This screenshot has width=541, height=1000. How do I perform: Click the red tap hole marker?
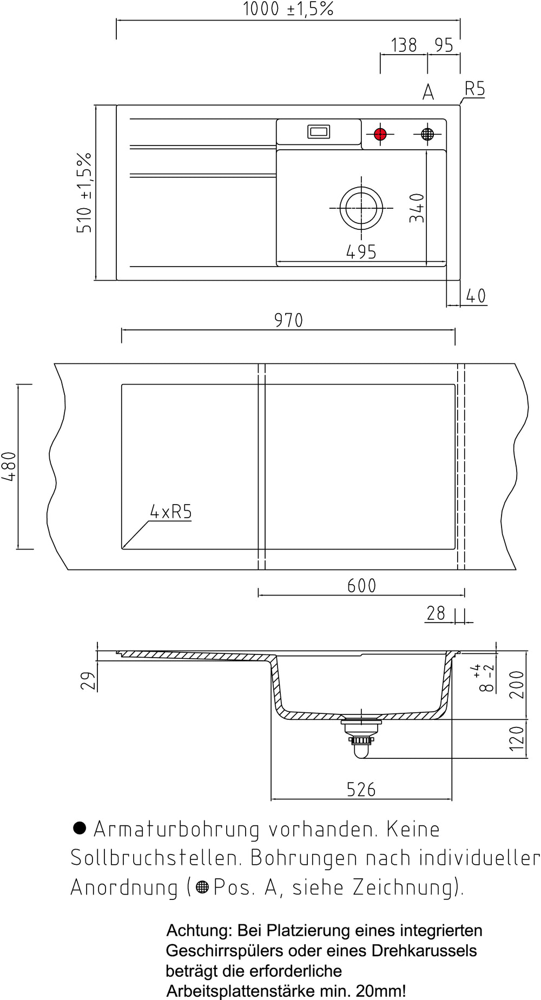coord(380,134)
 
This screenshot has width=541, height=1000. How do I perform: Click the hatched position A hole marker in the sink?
coord(427,134)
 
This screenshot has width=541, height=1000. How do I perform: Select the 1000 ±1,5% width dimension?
coord(288,9)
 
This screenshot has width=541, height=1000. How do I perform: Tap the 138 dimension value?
coord(404,45)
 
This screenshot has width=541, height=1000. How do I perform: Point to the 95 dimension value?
coord(444,45)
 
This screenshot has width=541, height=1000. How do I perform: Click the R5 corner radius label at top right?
coord(474,89)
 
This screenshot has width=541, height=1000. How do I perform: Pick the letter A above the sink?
coord(428,92)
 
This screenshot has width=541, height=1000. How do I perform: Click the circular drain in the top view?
coord(361,208)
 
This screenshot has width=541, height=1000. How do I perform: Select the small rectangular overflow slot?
coord(319,131)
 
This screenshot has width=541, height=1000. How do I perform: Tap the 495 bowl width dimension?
coord(361,251)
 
